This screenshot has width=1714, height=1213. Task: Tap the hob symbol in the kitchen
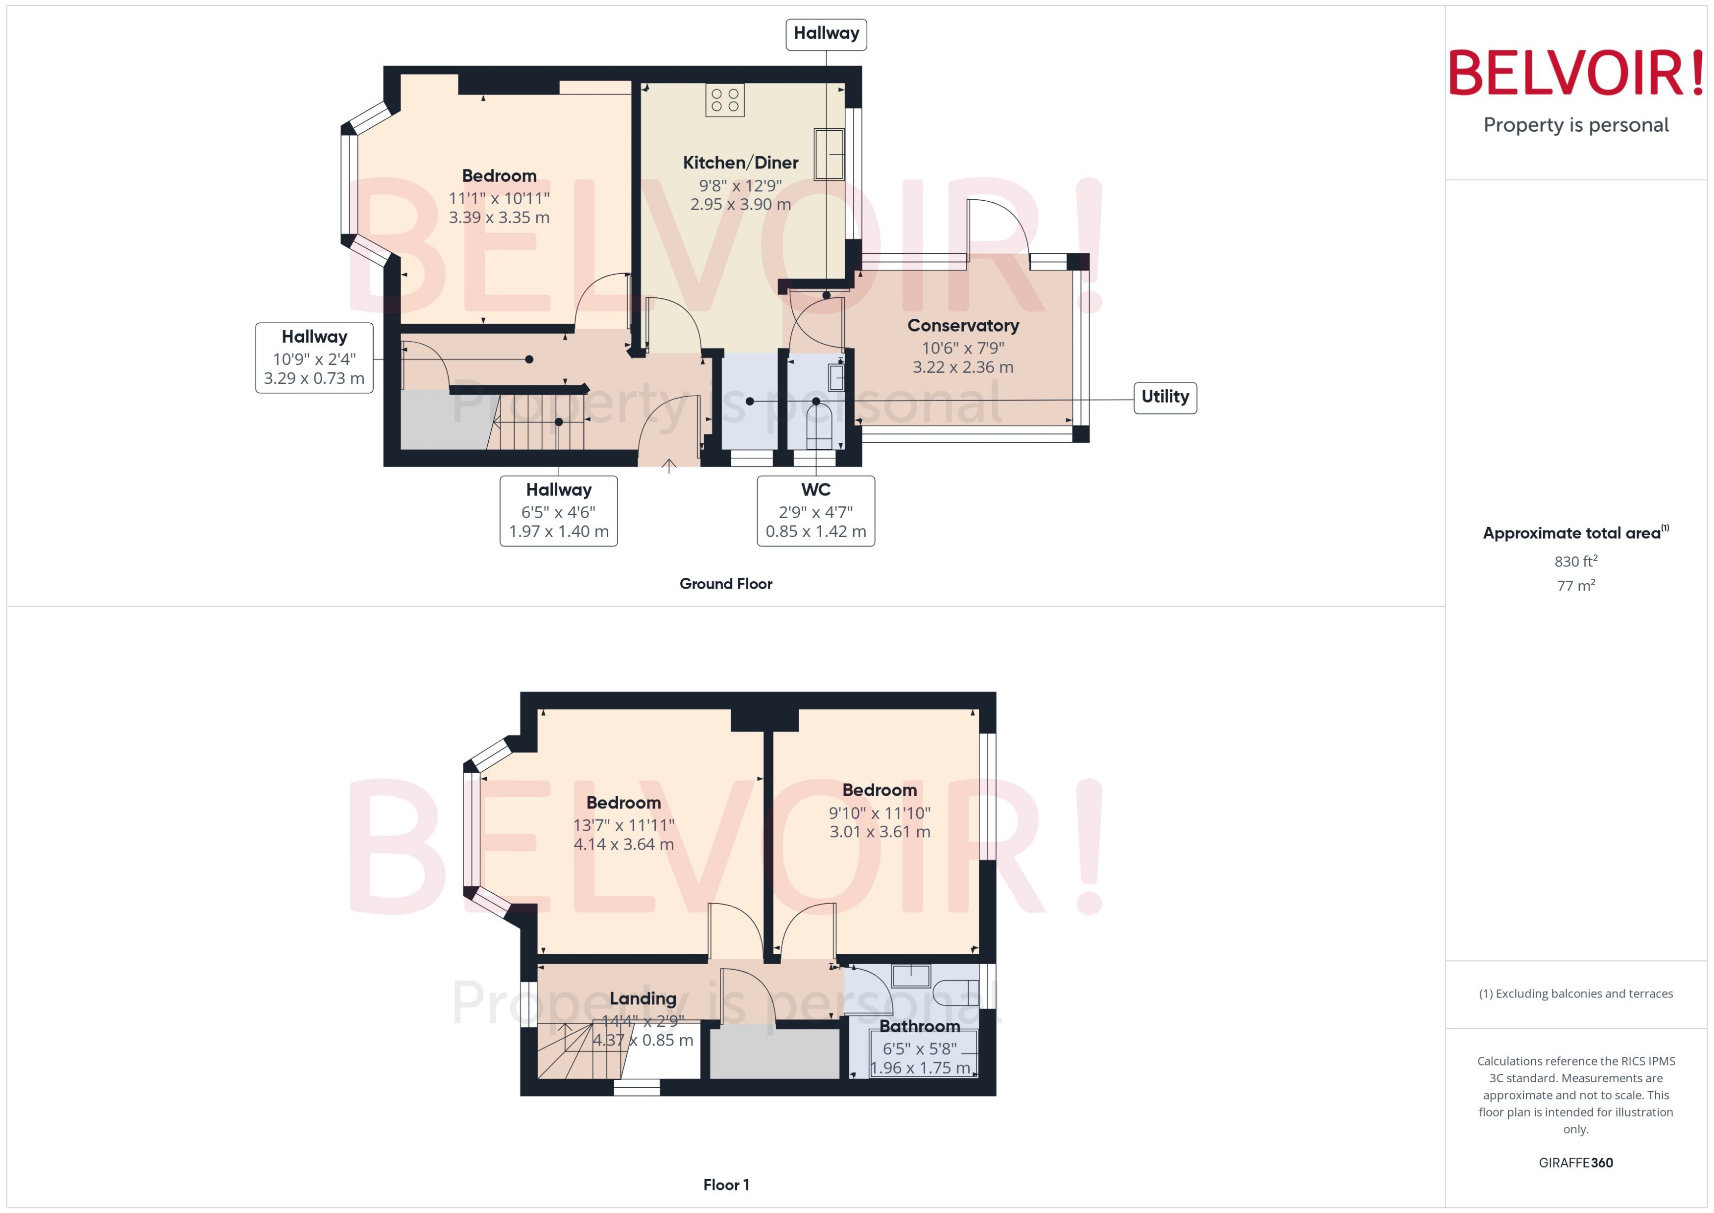[724, 100]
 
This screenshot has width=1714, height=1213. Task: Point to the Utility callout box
[1165, 397]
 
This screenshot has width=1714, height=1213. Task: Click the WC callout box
[815, 511]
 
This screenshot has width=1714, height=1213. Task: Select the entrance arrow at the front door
[668, 466]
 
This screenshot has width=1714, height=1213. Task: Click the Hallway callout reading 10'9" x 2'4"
[314, 358]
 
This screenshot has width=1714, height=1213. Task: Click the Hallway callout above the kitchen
[826, 34]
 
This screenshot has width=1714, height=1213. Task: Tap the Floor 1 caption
[725, 1185]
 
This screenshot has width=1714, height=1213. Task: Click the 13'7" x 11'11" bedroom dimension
[623, 825]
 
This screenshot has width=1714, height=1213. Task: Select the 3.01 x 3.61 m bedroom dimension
[880, 832]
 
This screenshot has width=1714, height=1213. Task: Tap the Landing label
[643, 999]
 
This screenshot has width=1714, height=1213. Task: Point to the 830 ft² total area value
[1575, 561]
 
